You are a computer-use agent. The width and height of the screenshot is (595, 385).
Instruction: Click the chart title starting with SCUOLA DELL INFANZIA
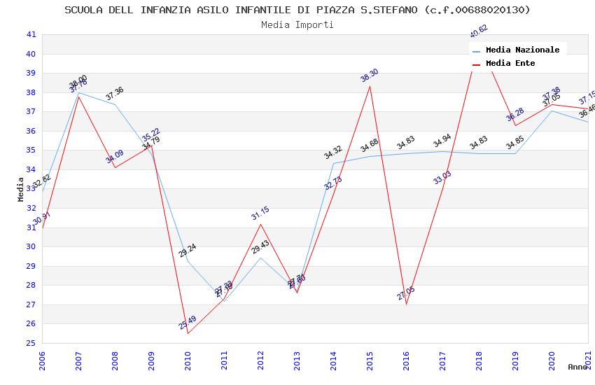(x=297, y=10)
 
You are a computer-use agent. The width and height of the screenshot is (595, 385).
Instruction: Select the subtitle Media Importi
(x=297, y=24)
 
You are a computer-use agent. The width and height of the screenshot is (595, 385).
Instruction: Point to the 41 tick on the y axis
(x=31, y=34)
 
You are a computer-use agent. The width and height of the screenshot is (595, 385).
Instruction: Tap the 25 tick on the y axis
(x=31, y=343)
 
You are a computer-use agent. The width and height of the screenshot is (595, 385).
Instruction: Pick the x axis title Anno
(x=577, y=367)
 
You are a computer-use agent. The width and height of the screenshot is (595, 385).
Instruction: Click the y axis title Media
(x=21, y=189)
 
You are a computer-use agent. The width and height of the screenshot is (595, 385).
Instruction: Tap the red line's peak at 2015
(x=370, y=86)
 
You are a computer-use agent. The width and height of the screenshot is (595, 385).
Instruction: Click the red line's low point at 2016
(x=406, y=304)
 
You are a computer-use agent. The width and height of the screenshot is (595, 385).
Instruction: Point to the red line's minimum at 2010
(x=188, y=333)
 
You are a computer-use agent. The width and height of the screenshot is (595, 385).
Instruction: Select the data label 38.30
(x=370, y=76)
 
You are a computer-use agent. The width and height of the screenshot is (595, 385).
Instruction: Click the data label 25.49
(x=188, y=323)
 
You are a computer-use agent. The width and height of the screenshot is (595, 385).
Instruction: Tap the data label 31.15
(x=260, y=213)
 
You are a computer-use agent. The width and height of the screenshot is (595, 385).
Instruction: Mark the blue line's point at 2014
(x=333, y=163)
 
